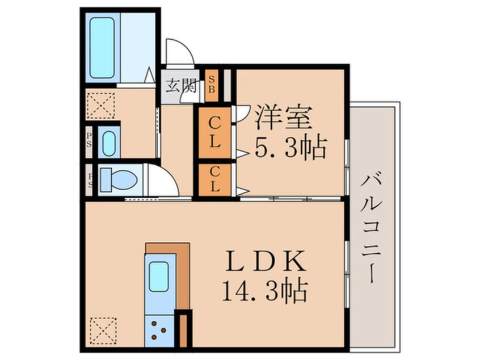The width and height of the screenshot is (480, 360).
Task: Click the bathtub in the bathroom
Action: pos(102,48)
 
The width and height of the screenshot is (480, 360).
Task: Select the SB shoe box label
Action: pos(211,85)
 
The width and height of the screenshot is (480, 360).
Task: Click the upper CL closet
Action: pos(214,133)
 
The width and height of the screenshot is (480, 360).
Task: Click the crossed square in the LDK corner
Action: pos(103,330)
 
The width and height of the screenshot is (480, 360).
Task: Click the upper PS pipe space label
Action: pos(89,140)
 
